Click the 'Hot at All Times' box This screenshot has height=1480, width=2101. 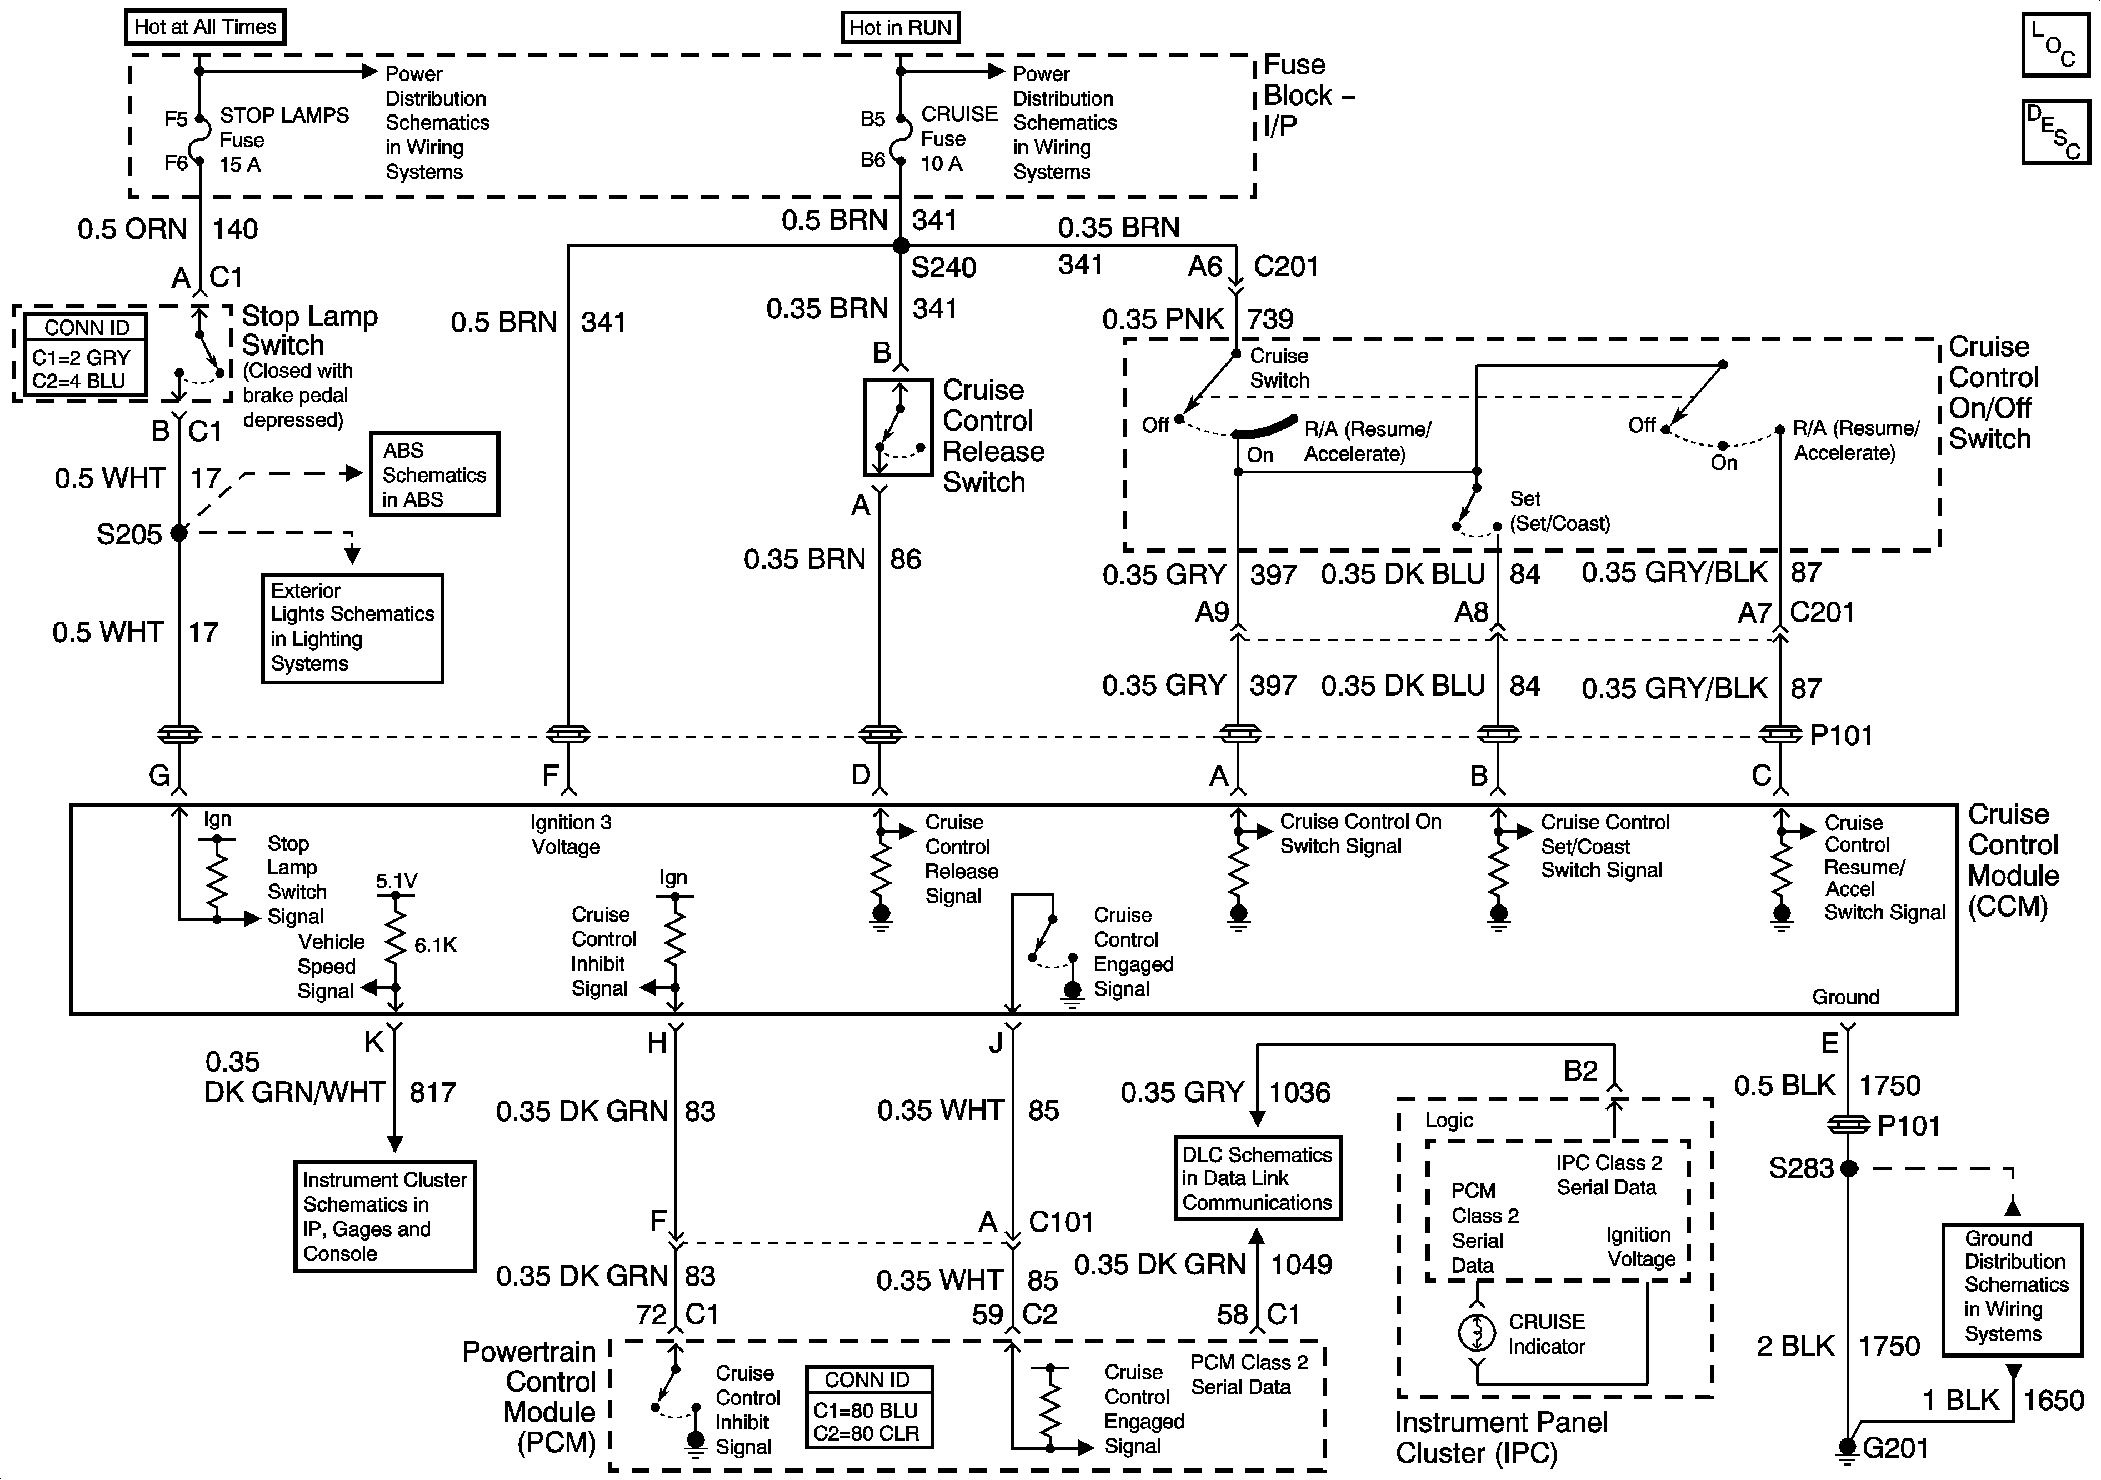tap(205, 27)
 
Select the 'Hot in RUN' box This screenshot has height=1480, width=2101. tap(901, 27)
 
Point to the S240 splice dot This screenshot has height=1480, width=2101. tap(901, 246)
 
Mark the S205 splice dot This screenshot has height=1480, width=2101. tap(179, 533)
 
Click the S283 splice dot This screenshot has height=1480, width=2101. tap(1848, 1168)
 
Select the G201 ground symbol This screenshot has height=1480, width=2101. tap(1848, 1448)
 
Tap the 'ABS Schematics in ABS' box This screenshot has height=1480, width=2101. tap(434, 474)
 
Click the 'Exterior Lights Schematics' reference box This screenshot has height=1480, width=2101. tap(352, 628)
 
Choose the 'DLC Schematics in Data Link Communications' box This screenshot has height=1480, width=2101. tap(1257, 1178)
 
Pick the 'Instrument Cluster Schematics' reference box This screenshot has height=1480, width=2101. tap(384, 1217)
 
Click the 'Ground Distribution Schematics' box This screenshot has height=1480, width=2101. tap(2012, 1289)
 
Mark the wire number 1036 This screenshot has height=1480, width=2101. tap(1299, 1092)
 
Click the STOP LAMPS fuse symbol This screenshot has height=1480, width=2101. tap(198, 140)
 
